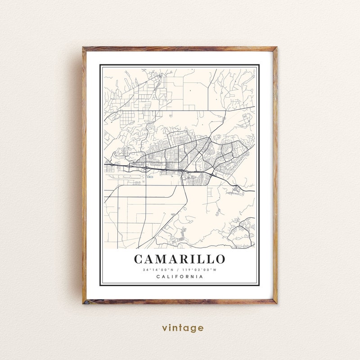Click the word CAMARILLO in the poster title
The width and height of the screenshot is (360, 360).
click(x=180, y=259)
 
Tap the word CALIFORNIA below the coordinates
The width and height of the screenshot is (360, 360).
click(x=180, y=276)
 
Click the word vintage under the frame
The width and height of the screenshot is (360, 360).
click(x=183, y=328)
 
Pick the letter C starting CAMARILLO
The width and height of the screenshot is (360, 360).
click(x=139, y=259)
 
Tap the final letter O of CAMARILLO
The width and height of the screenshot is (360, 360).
click(x=220, y=259)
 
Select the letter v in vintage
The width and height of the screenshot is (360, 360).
click(x=165, y=328)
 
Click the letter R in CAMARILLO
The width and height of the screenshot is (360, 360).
click(x=185, y=259)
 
